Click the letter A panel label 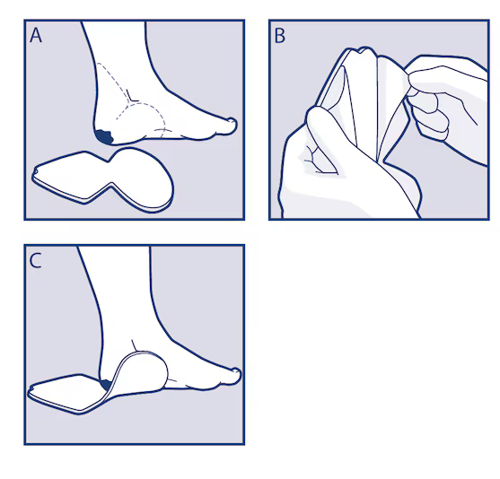[36, 35]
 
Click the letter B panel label [280, 36]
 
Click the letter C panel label [35, 261]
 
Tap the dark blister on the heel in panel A [104, 136]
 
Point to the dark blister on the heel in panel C [106, 385]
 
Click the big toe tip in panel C [237, 373]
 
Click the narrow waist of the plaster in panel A [110, 172]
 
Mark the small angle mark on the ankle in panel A [132, 96]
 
